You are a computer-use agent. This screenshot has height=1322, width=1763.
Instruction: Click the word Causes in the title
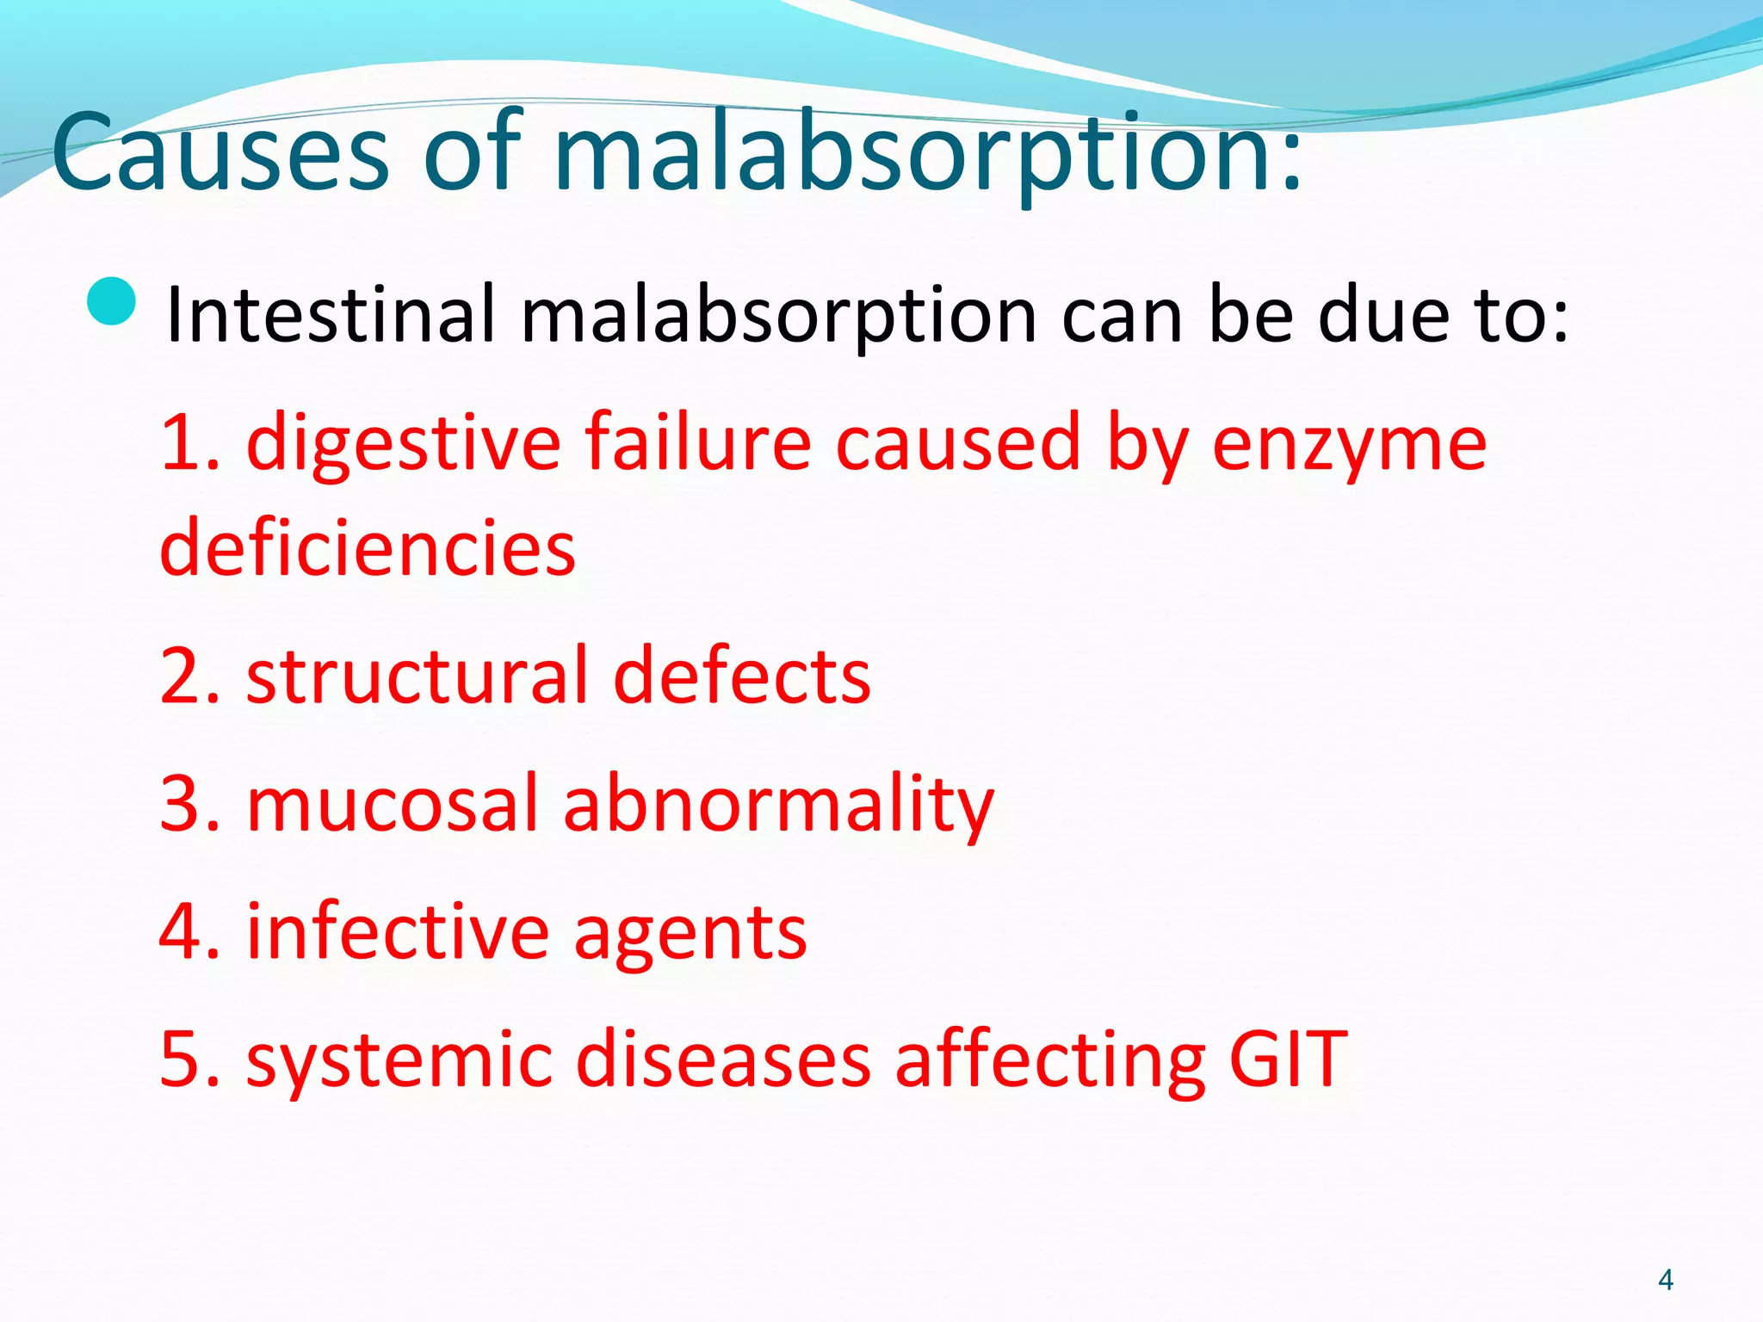(220, 153)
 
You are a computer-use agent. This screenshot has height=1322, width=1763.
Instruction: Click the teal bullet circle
(112, 302)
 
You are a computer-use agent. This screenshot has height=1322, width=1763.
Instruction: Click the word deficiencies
(368, 548)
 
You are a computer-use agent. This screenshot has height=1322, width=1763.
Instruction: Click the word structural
(417, 676)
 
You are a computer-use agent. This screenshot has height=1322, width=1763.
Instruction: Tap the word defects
(741, 676)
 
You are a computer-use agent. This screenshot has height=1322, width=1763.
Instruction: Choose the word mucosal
(393, 804)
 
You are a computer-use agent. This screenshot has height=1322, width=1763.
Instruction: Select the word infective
(398, 931)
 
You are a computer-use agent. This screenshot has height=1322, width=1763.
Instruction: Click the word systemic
(398, 1061)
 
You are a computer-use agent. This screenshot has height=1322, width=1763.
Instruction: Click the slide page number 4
(1665, 1280)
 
